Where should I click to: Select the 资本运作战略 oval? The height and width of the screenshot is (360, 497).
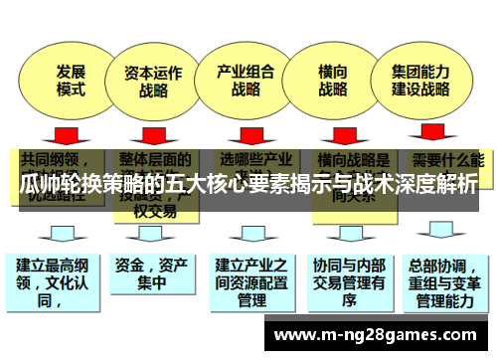(x=152, y=81)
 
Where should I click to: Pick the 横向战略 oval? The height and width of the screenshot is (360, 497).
(x=333, y=80)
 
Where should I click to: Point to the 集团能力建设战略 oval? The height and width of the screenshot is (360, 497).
(x=421, y=80)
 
